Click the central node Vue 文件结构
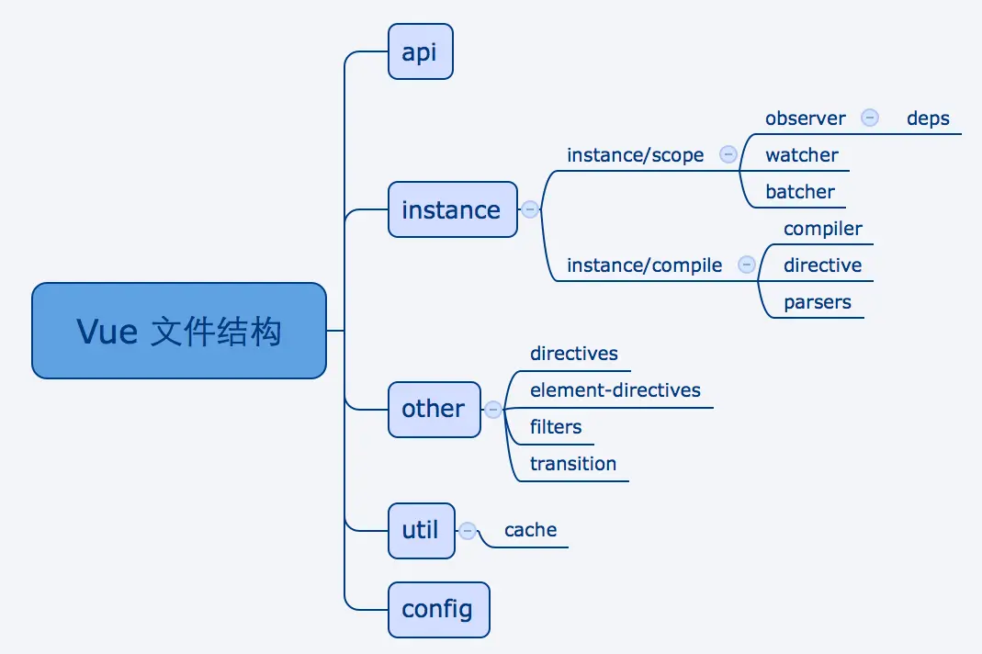tap(179, 331)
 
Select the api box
tap(420, 52)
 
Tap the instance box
tap(452, 209)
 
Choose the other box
tap(434, 409)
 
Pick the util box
tap(421, 530)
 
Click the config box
tap(438, 609)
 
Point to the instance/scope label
tap(636, 155)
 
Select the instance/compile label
tap(645, 265)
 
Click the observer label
tap(806, 118)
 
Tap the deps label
tap(928, 118)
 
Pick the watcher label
tap(802, 155)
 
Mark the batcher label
tap(800, 192)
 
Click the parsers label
tap(818, 302)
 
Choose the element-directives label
tap(615, 390)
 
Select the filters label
tap(556, 427)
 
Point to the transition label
tap(573, 464)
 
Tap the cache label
tap(531, 530)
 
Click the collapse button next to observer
tap(870, 118)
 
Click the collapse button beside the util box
tap(468, 530)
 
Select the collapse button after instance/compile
tap(747, 265)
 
